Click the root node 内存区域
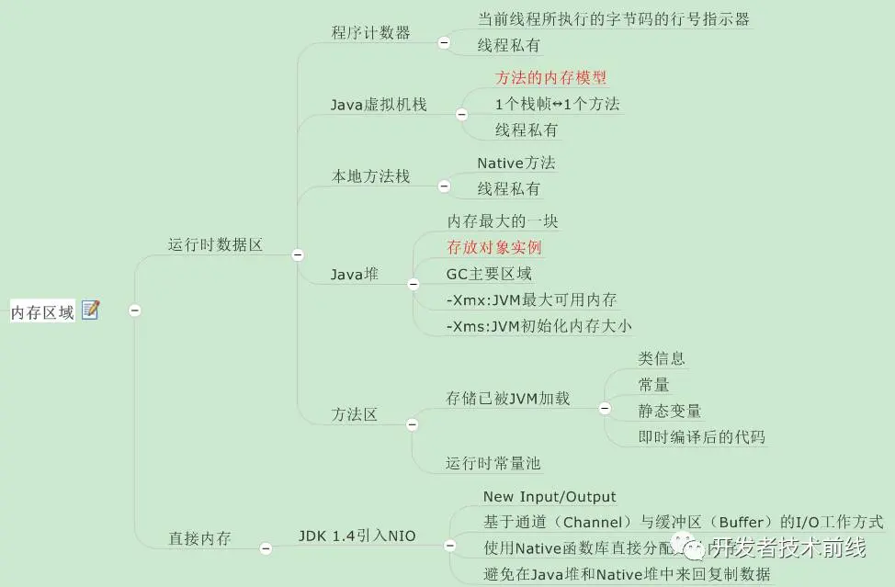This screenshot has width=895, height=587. [x=42, y=312]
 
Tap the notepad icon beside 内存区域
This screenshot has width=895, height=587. [x=90, y=310]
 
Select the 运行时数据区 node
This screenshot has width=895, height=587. [x=215, y=245]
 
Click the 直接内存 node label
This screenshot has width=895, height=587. [x=199, y=538]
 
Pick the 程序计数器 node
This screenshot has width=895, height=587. [x=371, y=33]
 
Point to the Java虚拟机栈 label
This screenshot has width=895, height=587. [x=379, y=105]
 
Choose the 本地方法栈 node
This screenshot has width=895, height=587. [x=370, y=176]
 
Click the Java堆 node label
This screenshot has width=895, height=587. [x=355, y=274]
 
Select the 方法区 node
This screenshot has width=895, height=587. [x=355, y=414]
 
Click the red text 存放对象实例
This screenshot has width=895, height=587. [x=494, y=247]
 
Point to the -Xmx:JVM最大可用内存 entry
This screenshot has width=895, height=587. [x=531, y=300]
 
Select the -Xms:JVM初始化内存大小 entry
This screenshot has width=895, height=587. [x=538, y=326]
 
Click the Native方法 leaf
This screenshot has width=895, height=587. [x=516, y=163]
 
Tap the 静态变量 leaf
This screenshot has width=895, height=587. [x=670, y=411]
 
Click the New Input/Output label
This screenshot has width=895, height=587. [x=549, y=497]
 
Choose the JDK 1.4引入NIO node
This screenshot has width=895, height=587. [x=357, y=536]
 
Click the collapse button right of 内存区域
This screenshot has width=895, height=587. [x=135, y=310]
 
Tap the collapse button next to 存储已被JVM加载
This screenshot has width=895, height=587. [x=605, y=407]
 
